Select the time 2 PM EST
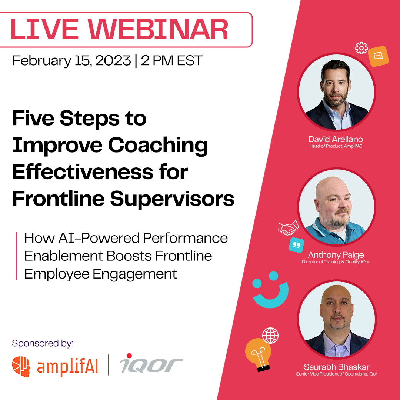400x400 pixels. point(171,61)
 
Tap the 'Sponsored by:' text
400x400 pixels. point(43,343)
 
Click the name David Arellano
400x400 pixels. point(336,139)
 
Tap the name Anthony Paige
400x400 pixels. point(336,255)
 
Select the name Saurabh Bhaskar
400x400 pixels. point(336,367)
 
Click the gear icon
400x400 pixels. point(361,49)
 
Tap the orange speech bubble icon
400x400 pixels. point(378,56)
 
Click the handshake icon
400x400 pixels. point(288,228)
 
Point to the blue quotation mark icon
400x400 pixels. point(296,245)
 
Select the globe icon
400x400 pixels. point(270,336)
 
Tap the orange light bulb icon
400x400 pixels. point(257,354)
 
